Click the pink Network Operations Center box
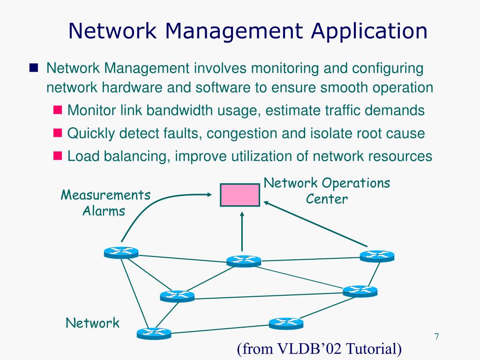pos(240,195)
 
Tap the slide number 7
pos(436,337)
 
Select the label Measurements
pos(105,195)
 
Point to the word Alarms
pos(104,211)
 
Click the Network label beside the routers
pos(92,322)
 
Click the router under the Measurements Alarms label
pos(121,253)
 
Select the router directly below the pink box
pos(243,261)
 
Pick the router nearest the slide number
pos(360,291)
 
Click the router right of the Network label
pos(154,333)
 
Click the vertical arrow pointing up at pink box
pos(242,230)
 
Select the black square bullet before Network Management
pos(33,68)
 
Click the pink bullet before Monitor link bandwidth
pos(58,110)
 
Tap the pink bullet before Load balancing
pos(58,155)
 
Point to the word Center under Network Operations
pos(327,199)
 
